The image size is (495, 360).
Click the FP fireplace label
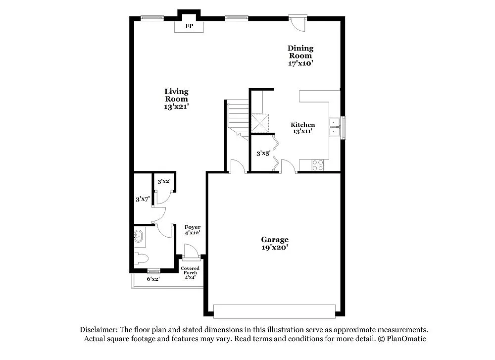tap(189, 26)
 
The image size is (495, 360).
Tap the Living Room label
tap(176, 99)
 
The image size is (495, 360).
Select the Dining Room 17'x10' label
tap(300, 55)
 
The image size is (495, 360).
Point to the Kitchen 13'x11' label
tap(302, 128)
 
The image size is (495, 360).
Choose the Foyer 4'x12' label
tap(192, 230)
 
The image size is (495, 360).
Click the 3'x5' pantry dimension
tap(263, 154)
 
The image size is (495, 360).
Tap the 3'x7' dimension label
tap(143, 199)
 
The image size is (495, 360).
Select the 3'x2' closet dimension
tap(164, 182)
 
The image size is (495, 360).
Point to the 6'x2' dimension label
tap(153, 279)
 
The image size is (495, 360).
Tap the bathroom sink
tap(139, 237)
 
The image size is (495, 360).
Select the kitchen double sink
tap(335, 127)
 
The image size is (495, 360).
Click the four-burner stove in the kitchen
tap(317, 165)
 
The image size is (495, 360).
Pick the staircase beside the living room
tap(238, 119)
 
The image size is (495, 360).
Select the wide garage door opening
tap(275, 311)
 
